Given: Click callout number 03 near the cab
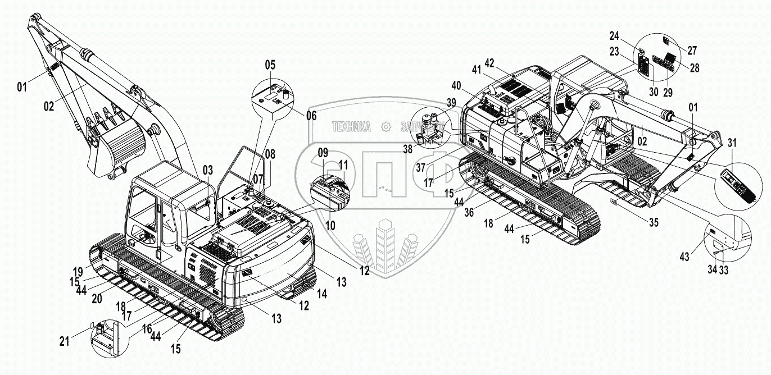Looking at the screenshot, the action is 208,170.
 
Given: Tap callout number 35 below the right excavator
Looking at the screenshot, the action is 652,221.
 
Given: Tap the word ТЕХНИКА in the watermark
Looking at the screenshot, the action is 351,127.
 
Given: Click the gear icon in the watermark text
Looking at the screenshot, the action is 385,127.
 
